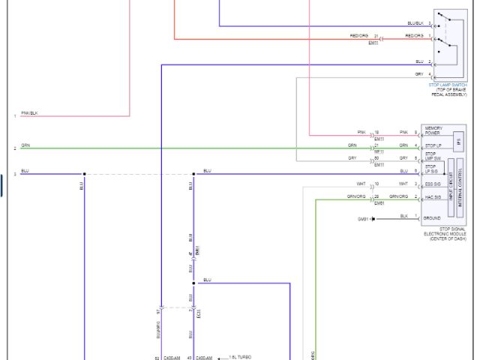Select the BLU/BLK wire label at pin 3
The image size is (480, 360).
pos(415,23)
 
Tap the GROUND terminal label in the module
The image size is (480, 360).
pos(432,218)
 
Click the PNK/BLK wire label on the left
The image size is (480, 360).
pos(29,112)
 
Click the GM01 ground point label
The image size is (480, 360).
pos(364,219)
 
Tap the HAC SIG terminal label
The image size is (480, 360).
pos(432,197)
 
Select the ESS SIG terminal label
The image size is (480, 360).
pos(432,184)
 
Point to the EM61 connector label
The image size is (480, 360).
pos(379,202)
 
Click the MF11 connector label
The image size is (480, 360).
pos(379,151)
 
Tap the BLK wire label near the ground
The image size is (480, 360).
pos(404,216)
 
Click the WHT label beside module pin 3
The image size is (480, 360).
pos(403,183)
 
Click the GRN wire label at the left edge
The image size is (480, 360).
pos(25,144)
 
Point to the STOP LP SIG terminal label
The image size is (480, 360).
pos(431,169)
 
